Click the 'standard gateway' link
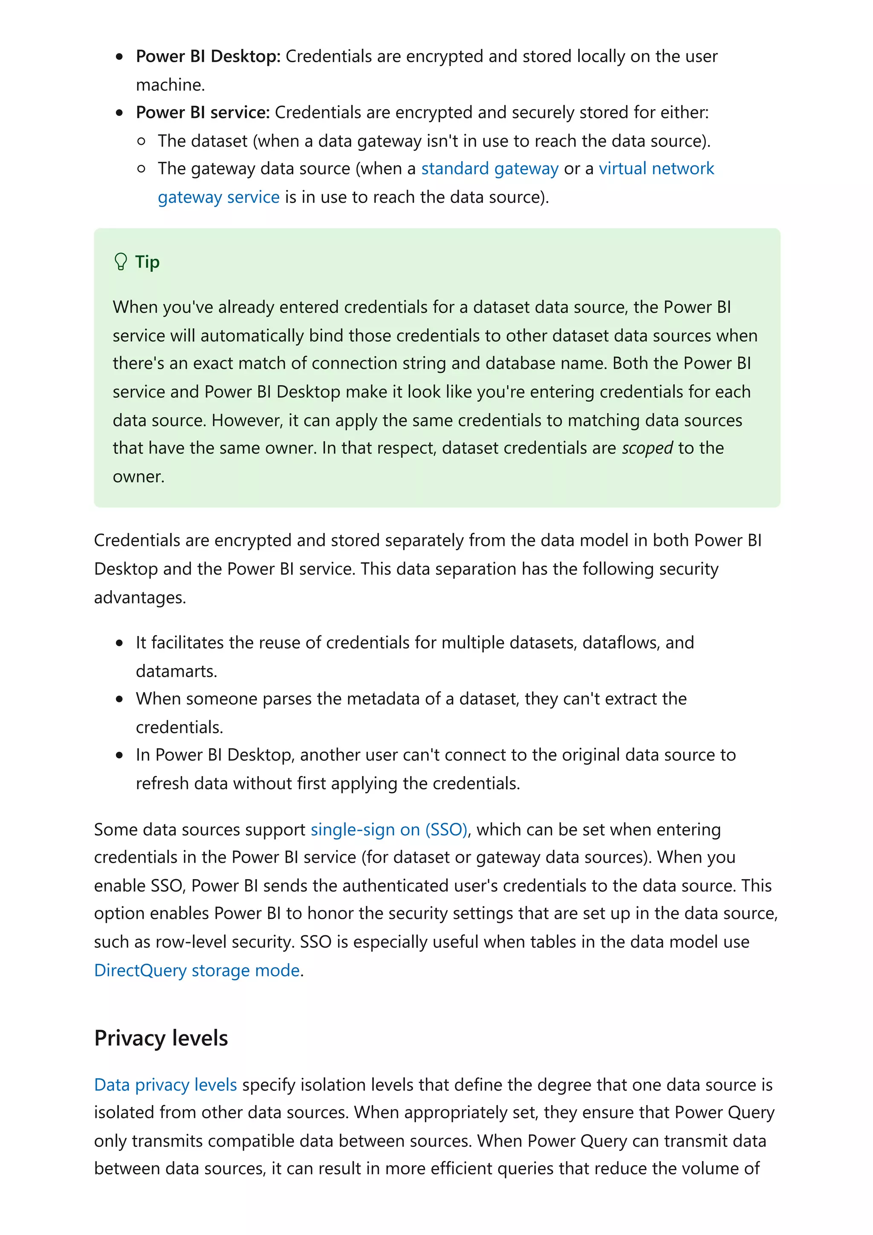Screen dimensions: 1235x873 [489, 169]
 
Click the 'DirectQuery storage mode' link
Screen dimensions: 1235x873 [197, 970]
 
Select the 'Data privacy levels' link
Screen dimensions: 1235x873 [165, 1085]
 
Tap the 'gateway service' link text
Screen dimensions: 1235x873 [218, 197]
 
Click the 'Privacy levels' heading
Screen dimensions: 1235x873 [161, 1038]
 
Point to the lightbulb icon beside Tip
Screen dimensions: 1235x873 [121, 262]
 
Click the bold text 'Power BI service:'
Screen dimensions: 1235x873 [202, 113]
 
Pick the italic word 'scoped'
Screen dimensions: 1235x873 [647, 448]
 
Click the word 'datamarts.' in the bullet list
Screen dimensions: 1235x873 [176, 671]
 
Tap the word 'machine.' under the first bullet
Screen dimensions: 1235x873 [171, 85]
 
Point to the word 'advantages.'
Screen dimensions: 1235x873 [140, 597]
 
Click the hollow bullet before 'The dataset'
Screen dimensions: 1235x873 [142, 141]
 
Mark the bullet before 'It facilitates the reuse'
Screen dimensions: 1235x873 [119, 643]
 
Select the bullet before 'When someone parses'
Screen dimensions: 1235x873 [119, 699]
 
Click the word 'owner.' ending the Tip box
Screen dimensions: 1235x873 [138, 476]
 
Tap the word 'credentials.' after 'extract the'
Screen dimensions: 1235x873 [179, 727]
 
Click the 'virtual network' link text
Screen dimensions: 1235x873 [656, 169]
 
